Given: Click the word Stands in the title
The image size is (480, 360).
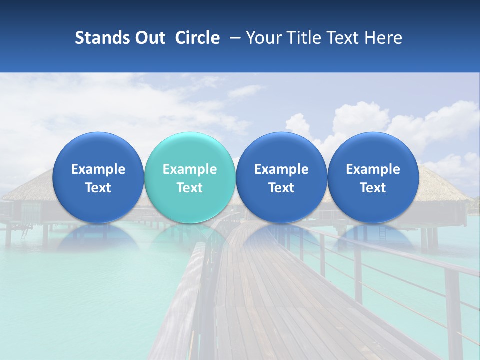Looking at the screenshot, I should (102, 38).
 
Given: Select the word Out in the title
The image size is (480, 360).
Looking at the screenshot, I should (149, 38).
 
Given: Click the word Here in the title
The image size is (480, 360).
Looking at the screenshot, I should (384, 38).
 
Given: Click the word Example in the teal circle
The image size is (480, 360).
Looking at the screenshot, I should (190, 169).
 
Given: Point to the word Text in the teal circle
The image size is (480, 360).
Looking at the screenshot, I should (190, 188).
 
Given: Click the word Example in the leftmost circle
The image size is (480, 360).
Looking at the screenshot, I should (98, 169).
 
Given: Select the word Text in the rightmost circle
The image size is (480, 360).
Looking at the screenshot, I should (373, 188).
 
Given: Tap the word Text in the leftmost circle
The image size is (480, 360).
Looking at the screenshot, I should (98, 188).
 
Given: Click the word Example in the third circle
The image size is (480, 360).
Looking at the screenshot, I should (281, 169).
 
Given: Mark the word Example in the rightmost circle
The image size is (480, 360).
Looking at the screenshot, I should (373, 169).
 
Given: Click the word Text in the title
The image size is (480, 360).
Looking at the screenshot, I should (342, 38).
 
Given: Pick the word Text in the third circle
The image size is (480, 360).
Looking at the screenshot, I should (281, 188).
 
